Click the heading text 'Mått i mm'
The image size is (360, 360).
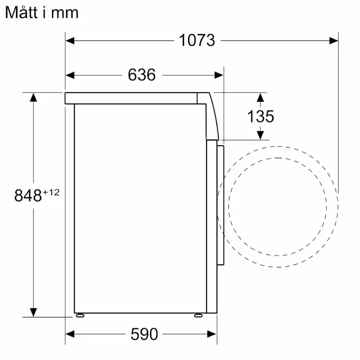click(x=42, y=13)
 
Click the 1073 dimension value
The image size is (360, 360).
click(x=197, y=40)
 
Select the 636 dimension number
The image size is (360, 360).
click(x=142, y=75)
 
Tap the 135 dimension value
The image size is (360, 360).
click(x=260, y=116)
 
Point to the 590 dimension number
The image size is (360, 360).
click(x=144, y=334)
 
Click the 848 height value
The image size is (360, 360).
click(x=28, y=196)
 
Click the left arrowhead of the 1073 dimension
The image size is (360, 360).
click(x=70, y=40)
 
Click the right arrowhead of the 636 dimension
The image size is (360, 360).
click(x=219, y=75)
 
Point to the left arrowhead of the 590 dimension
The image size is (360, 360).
click(x=70, y=334)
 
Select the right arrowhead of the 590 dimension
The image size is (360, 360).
click(x=212, y=334)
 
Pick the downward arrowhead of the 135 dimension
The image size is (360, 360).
click(x=260, y=135)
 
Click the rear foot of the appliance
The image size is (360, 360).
click(x=80, y=315)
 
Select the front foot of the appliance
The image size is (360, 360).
click(x=198, y=315)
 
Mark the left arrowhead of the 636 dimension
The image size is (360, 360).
click(x=70, y=75)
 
